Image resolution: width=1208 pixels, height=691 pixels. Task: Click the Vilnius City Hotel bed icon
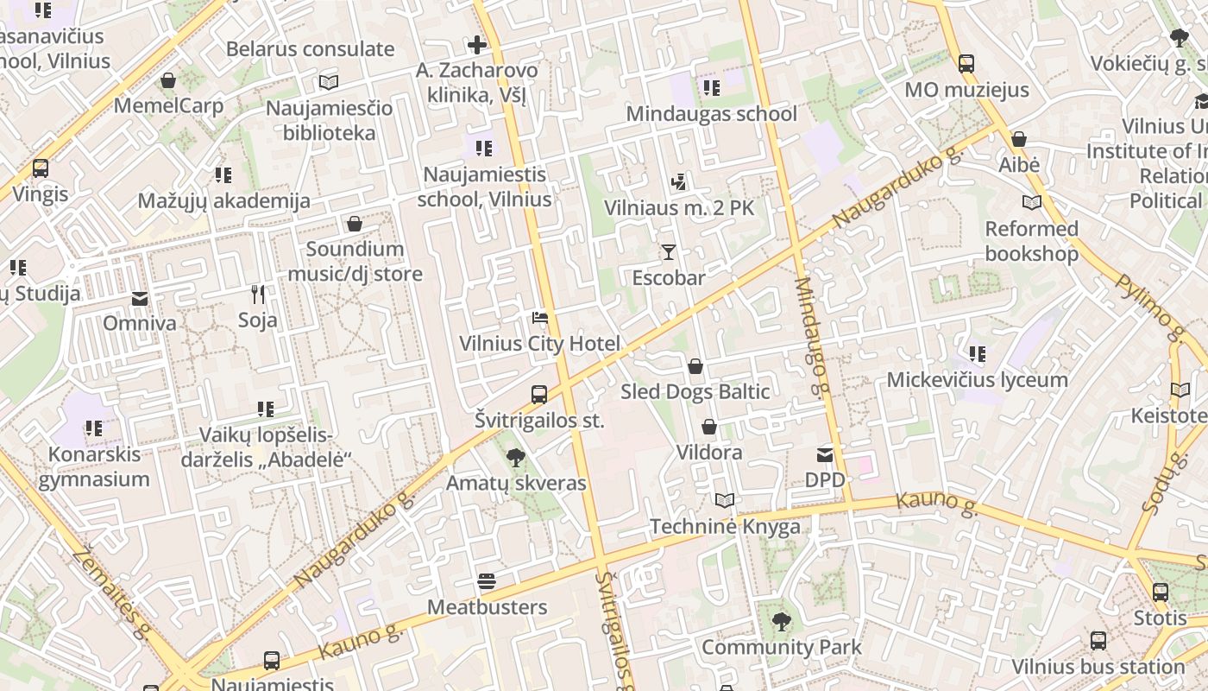540,318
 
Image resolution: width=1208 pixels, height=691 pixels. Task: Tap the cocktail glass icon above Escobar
668,252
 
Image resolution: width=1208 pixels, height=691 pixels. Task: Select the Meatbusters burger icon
487,581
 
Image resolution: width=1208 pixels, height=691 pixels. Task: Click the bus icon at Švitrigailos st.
539,395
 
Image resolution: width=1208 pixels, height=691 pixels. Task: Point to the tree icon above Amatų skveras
516,457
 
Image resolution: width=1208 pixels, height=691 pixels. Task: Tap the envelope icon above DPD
825,454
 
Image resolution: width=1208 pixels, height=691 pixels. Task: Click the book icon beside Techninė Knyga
725,501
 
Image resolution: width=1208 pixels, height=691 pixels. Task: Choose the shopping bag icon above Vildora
709,427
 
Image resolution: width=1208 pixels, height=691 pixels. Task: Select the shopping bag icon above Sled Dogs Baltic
695,367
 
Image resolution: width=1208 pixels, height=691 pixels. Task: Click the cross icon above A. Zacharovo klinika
476,44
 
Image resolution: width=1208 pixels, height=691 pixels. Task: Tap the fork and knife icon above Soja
258,295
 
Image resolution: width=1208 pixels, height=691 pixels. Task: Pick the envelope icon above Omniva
140,299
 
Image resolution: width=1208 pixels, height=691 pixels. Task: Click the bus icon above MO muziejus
966,64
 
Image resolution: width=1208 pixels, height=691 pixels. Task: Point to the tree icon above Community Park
782,621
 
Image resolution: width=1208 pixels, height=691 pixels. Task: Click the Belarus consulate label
310,49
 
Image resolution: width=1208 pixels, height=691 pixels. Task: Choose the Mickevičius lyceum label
978,380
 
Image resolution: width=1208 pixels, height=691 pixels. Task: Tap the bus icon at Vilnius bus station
1098,641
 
